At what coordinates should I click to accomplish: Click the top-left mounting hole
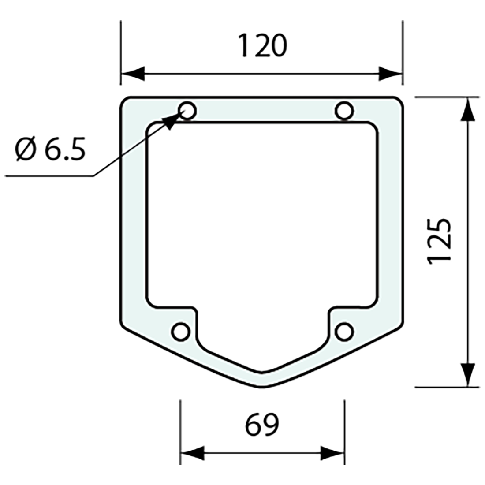[187, 111]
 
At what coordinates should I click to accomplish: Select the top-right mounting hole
[344, 111]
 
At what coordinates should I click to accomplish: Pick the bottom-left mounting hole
[180, 332]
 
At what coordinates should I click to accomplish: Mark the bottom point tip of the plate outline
[262, 388]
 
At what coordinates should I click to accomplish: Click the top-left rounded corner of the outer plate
[124, 100]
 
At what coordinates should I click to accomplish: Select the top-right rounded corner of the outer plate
[399, 100]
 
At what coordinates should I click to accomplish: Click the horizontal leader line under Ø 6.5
[48, 176]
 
